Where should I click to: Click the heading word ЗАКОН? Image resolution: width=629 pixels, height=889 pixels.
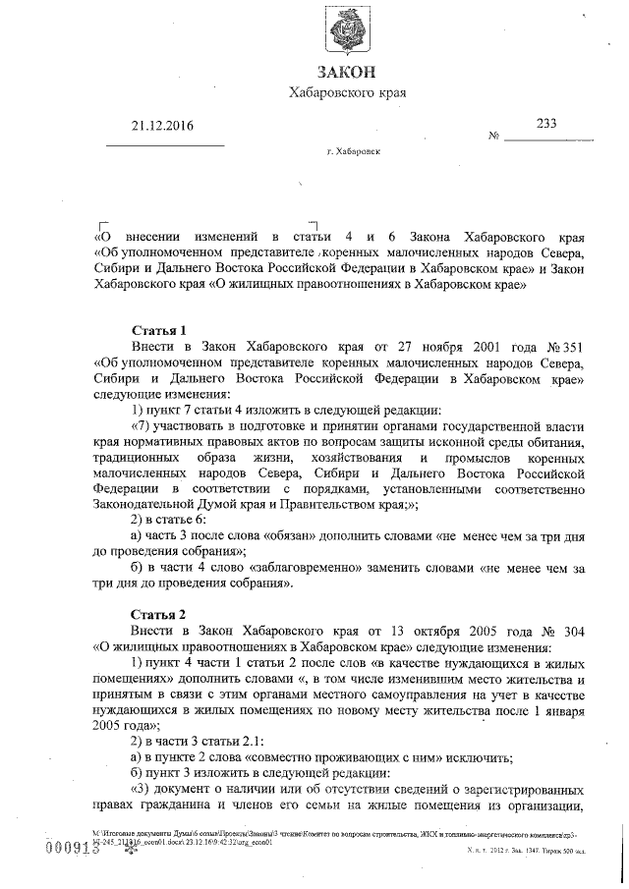point(347,72)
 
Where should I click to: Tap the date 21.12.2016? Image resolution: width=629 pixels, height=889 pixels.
point(163,125)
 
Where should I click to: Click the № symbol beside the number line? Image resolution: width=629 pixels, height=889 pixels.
point(494,136)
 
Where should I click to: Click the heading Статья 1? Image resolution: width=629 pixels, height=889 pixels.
point(159,330)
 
